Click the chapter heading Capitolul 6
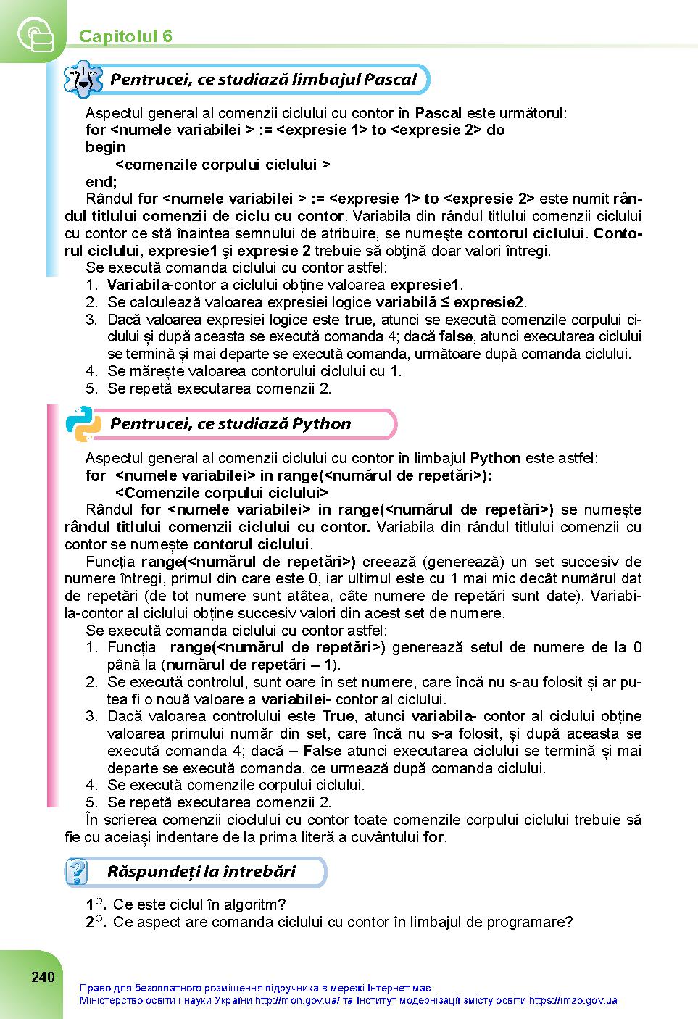125,36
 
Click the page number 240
43,977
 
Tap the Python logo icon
83,424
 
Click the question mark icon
76,871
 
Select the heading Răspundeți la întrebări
201,871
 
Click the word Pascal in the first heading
390,79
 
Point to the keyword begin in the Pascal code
105,147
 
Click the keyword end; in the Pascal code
101,182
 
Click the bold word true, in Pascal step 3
360,320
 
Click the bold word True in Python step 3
338,717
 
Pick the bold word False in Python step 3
323,751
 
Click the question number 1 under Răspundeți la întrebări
91,904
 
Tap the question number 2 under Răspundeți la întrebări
91,922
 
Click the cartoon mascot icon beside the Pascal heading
83,80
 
